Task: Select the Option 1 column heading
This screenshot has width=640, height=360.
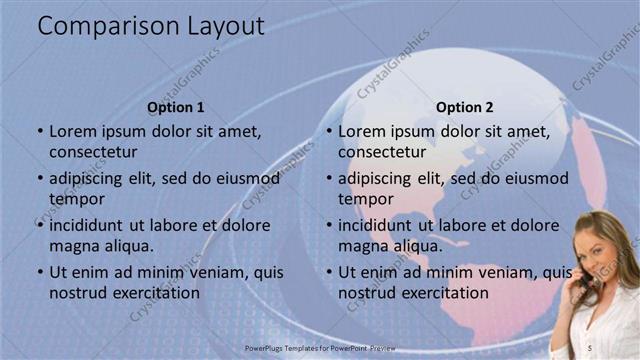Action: [x=176, y=107]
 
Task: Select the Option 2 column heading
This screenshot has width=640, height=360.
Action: [x=465, y=107]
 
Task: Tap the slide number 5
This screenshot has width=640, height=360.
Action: [x=591, y=343]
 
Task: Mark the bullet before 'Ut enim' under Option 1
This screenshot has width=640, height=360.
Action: [x=40, y=272]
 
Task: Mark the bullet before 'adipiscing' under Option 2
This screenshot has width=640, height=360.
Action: [x=329, y=178]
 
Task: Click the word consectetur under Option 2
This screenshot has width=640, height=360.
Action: [x=382, y=153]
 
